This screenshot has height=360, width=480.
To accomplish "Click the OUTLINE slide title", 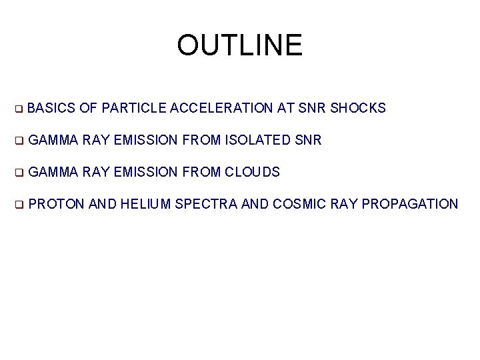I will pos(239,45).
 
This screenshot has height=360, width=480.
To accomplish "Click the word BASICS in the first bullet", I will pos(53,108).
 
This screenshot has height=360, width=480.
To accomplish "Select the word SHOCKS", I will pos(358,108).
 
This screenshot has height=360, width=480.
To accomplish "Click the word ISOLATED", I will pos(258,140).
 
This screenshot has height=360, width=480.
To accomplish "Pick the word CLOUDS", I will pos(252,172).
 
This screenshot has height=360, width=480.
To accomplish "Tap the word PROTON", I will pos(57,204).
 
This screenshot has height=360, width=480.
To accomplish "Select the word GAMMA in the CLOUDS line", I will pos(54,172).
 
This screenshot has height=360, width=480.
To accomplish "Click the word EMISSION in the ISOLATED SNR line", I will pos(145,140).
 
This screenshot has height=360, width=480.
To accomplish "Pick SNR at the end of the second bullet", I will pos(308,140).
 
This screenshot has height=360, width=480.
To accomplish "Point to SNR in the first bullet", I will pos(313,108).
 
